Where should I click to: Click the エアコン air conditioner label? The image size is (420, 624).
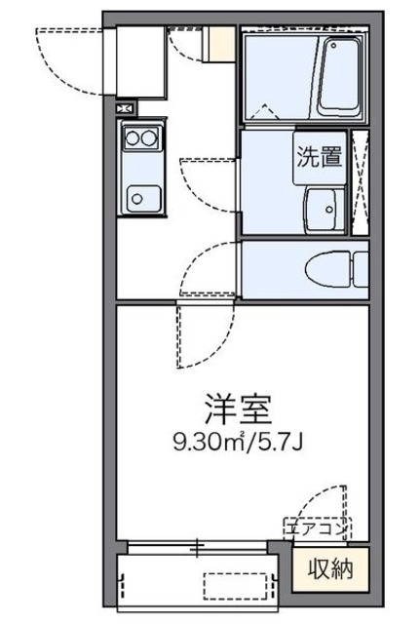click(x=314, y=528)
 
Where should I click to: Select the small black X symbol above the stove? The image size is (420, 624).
click(x=125, y=109)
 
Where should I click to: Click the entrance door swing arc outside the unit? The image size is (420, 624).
click(x=68, y=58)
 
